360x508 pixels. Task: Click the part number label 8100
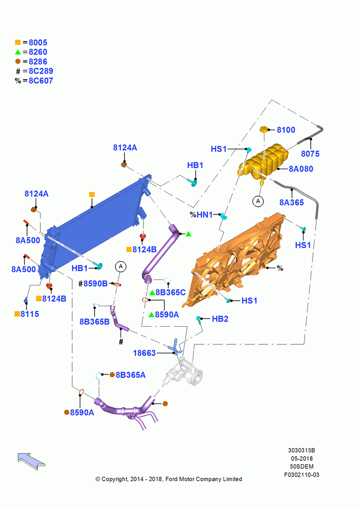pos(286,130)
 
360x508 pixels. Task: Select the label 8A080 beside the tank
pos(301,169)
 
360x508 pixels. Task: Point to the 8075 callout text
pos(310,153)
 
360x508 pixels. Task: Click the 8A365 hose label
pos(291,203)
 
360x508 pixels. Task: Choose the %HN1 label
pos(201,214)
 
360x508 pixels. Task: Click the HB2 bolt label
pos(220,319)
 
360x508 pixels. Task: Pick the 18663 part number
pos(144,353)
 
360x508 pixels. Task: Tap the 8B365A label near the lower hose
pos(130,375)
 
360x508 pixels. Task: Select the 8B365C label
pos(170,293)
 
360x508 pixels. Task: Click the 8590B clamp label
pos(96,283)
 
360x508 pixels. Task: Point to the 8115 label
pos(29,314)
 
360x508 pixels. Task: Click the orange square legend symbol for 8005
pos(18,42)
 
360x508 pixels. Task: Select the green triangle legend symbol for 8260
pos(18,52)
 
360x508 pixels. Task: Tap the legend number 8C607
pos(41,81)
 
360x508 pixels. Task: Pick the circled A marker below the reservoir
pos(258,201)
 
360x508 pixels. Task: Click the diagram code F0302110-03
pos(302,475)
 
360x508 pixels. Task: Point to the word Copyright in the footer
pos(115,479)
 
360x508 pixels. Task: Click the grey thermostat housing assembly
pos(184,372)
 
